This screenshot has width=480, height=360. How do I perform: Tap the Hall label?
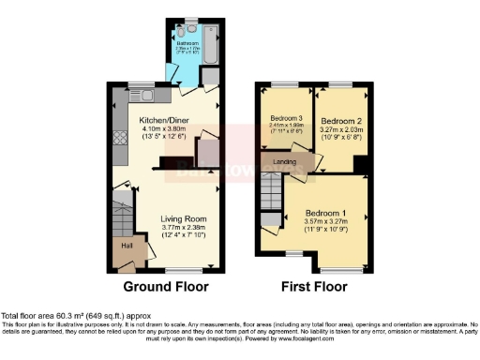126,246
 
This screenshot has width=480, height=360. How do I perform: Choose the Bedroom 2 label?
340,122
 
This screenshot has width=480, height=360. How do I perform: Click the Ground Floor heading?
165,286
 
